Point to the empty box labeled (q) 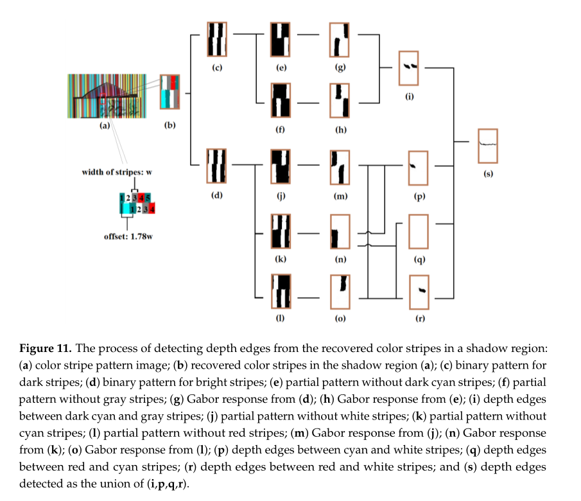[418, 231]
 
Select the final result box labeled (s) [488, 146]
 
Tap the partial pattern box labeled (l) [281, 292]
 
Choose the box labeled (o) [339, 292]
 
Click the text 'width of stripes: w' [120, 172]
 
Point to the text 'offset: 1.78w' [129, 236]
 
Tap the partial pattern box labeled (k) [281, 232]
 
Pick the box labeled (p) [419, 168]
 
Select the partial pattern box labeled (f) [281, 100]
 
